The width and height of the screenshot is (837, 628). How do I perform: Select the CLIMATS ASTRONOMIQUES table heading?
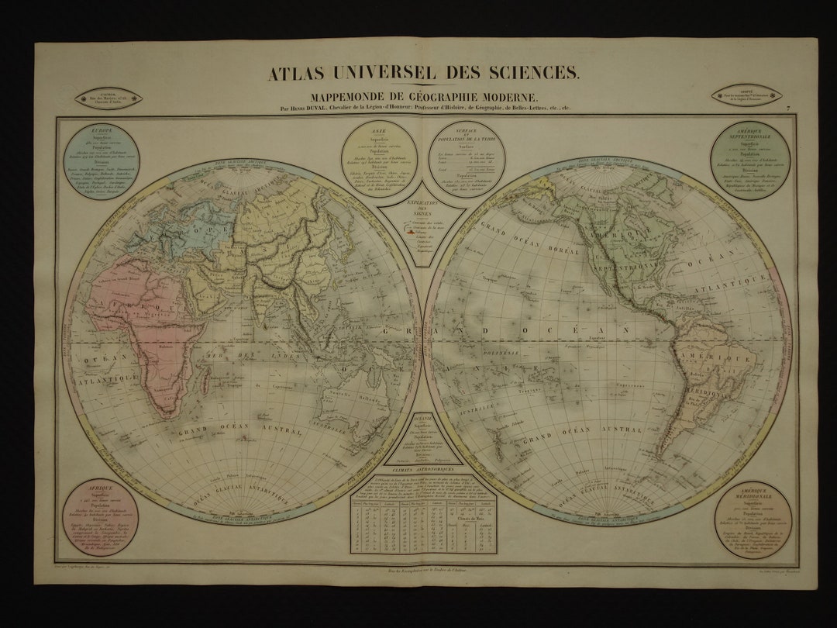pos(422,471)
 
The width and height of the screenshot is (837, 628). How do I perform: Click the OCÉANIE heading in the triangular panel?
pos(422,418)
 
